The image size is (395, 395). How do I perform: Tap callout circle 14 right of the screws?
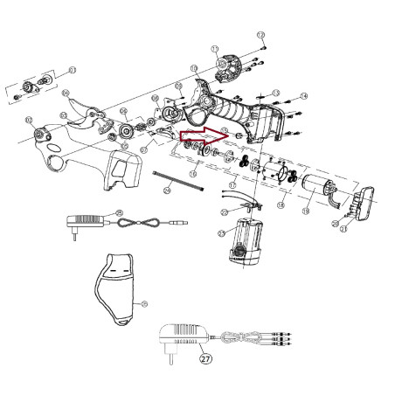[x=303, y=95]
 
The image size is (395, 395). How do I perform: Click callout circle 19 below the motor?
[x=305, y=211]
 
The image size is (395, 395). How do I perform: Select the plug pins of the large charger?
[x=166, y=359]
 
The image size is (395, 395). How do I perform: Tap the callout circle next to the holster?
[x=144, y=303]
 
